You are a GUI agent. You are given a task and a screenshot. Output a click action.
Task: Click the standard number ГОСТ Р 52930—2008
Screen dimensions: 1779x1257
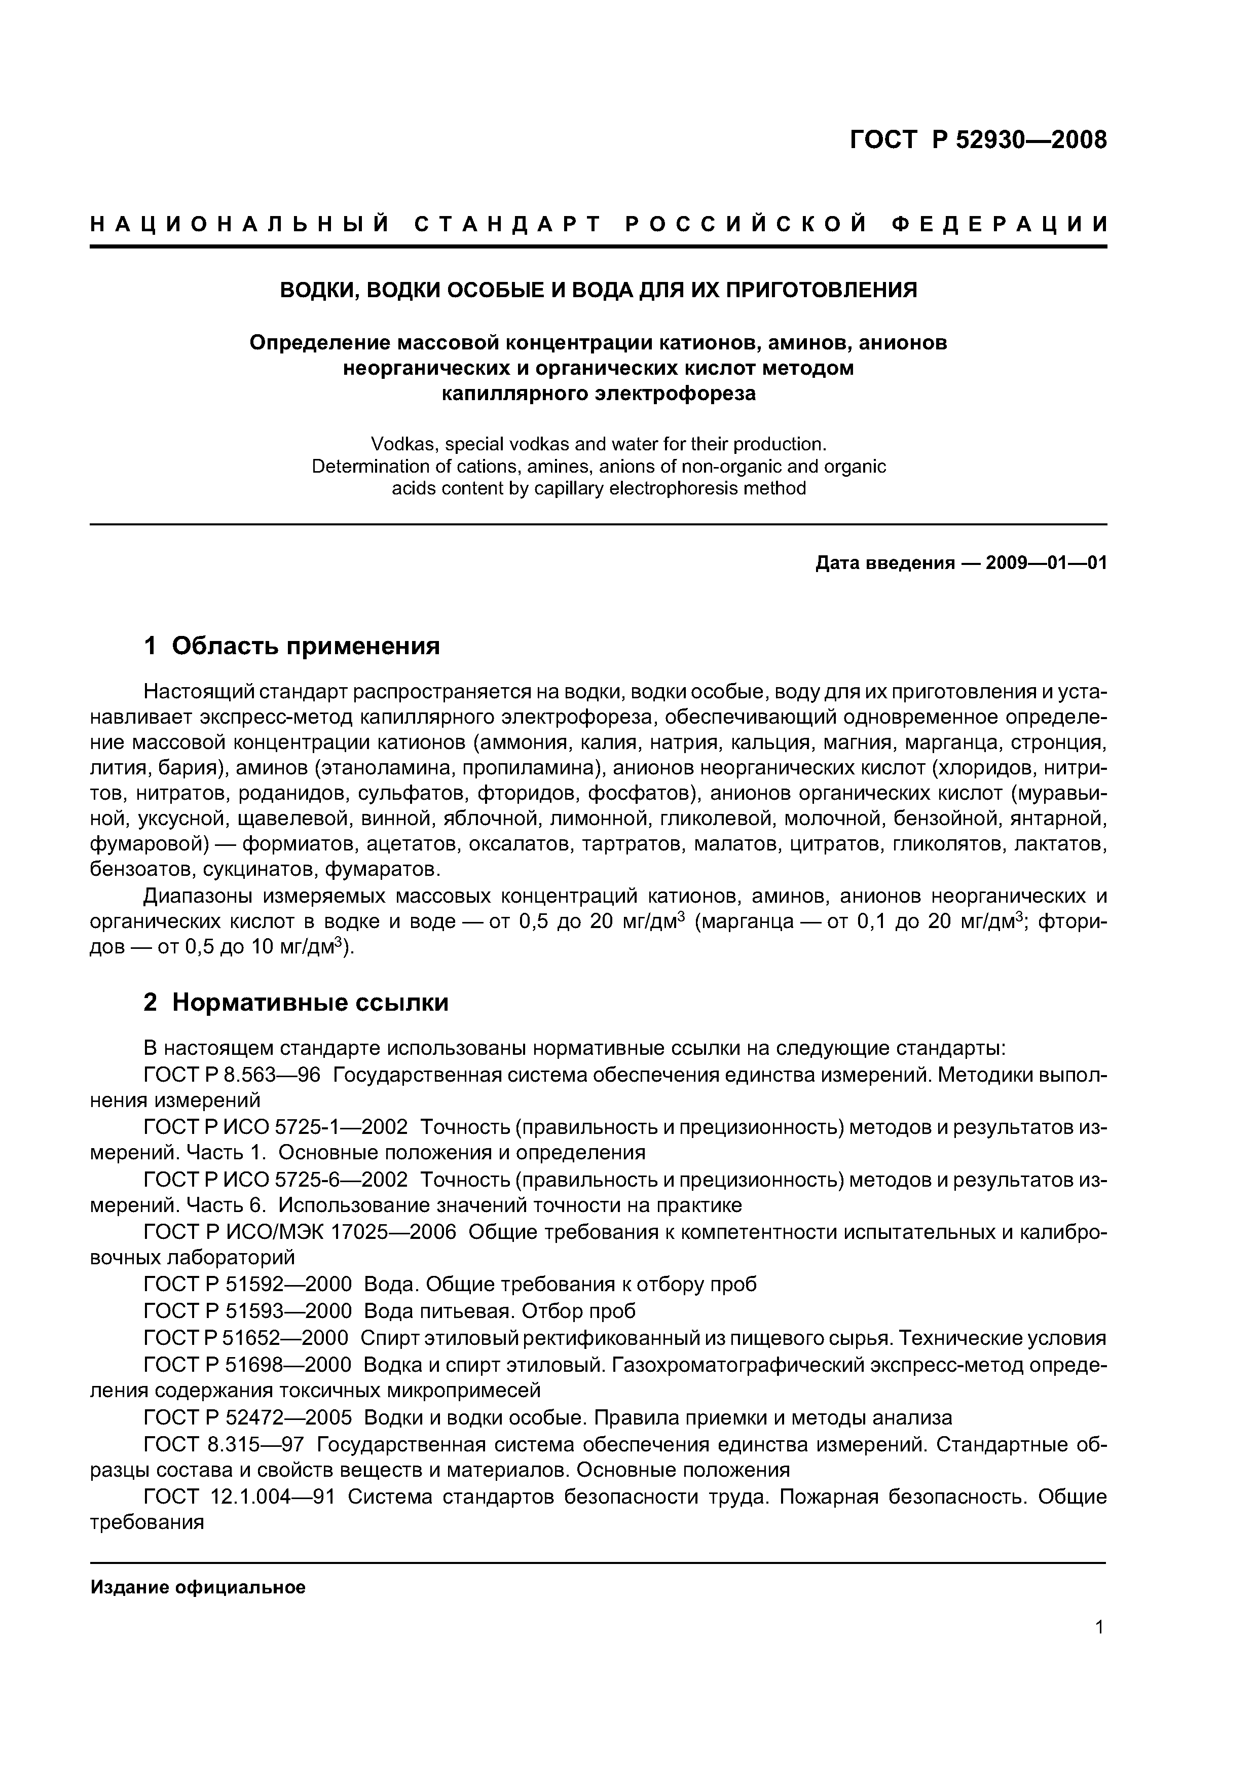point(978,139)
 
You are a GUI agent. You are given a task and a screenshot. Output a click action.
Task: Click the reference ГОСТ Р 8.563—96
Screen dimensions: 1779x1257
point(232,1075)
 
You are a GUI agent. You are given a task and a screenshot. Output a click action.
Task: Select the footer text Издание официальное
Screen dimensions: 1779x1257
point(198,1588)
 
